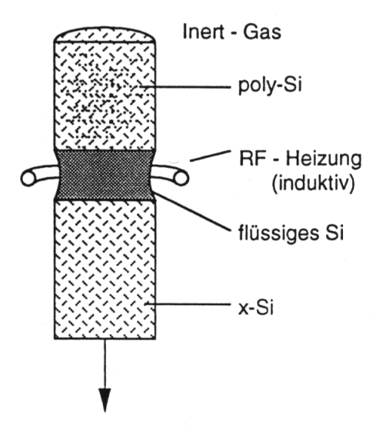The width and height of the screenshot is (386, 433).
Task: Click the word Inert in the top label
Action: (203, 32)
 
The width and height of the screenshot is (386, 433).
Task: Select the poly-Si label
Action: (270, 86)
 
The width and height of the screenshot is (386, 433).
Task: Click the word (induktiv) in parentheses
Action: (313, 184)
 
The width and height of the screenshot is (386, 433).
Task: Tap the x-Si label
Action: (256, 307)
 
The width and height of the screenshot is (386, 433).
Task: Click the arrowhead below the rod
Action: (105, 400)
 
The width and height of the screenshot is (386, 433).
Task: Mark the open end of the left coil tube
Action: (28, 179)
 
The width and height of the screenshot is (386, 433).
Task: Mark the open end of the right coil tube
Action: (181, 179)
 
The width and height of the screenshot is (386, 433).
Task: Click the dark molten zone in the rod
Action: (105, 175)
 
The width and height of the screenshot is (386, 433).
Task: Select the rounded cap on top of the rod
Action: (105, 35)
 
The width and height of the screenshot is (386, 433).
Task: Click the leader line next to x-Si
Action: (188, 304)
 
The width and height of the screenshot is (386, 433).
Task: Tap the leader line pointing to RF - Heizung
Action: (210, 156)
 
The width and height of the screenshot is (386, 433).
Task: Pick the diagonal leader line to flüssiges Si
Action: (192, 212)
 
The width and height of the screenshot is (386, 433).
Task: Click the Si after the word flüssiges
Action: (334, 233)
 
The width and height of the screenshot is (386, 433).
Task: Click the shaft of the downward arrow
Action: (105, 364)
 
